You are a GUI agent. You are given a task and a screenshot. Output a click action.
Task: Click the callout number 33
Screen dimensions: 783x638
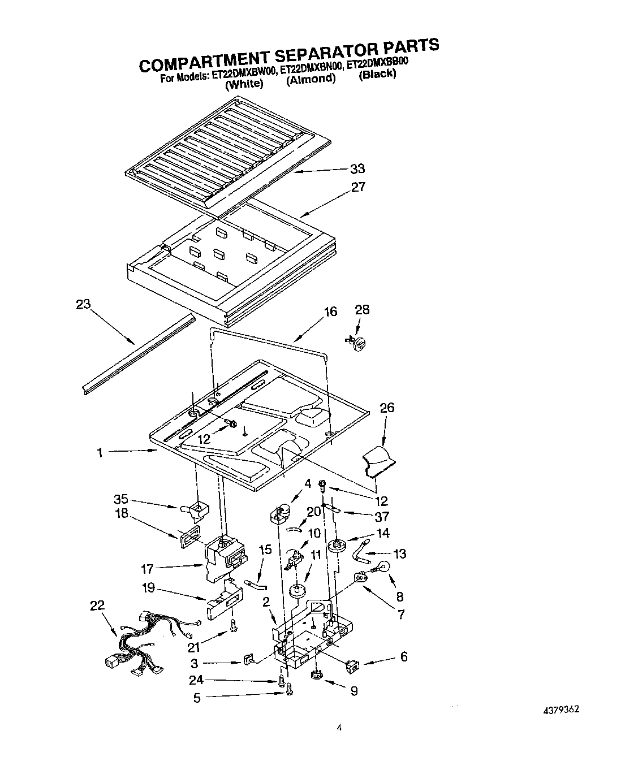(357, 169)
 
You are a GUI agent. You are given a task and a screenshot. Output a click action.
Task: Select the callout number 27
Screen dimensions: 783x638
(358, 187)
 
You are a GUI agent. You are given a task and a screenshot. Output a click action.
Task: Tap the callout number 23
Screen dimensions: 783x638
(83, 305)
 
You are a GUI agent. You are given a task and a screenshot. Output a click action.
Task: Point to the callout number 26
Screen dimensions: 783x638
(387, 408)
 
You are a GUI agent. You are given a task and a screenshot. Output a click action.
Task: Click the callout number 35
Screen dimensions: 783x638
(120, 499)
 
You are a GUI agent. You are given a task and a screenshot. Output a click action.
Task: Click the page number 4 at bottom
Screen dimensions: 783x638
(339, 728)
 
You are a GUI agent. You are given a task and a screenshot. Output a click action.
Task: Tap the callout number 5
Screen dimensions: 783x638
(196, 698)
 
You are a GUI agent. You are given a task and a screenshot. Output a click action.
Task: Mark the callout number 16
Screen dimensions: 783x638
(330, 312)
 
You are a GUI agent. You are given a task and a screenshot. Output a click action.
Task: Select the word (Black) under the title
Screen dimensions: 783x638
(377, 74)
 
